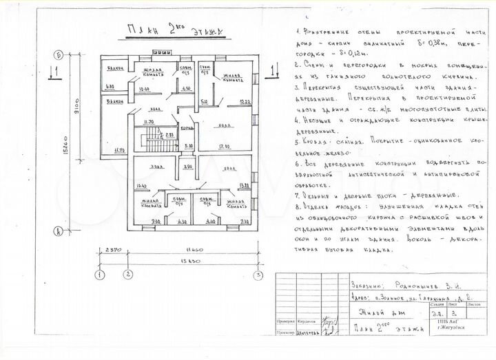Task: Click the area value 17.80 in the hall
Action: (222, 146)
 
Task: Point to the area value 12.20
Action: (244, 102)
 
